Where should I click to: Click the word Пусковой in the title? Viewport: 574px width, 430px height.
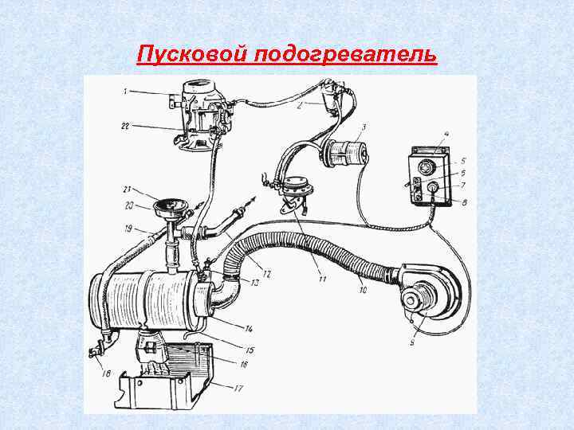pos(194,54)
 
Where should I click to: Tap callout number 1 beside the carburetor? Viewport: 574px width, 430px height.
pos(125,92)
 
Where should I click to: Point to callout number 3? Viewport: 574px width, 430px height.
pos(364,127)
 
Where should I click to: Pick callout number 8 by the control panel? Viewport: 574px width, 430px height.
pos(464,204)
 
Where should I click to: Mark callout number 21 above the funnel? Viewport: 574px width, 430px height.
pos(126,189)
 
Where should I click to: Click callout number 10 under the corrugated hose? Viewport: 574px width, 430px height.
pos(363,291)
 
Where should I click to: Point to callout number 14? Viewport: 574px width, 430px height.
pos(249,328)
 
